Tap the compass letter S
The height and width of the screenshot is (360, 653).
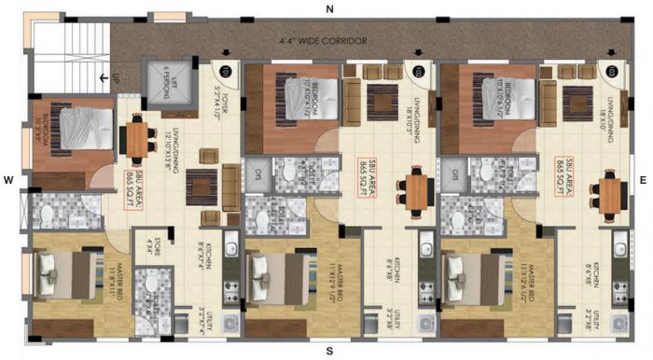point(329,351)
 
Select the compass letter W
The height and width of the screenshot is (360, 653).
point(8,178)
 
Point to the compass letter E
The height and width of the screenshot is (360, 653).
point(643,178)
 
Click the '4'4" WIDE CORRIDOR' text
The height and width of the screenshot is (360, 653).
point(322,41)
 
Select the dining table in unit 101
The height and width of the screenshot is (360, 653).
point(136,140)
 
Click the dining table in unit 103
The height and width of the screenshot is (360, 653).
point(611,194)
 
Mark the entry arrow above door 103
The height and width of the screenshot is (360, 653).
point(610,52)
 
